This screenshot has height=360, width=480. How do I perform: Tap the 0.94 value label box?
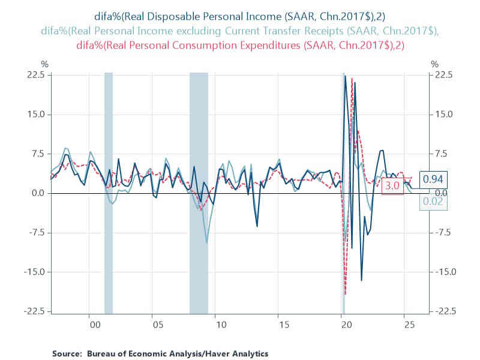click(x=433, y=179)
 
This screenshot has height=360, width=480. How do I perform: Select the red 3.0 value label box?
click(x=392, y=186)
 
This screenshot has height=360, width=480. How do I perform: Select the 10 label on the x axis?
click(x=220, y=325)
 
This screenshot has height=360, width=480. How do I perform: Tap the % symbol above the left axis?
click(x=44, y=64)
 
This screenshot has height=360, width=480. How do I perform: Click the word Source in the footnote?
click(x=67, y=353)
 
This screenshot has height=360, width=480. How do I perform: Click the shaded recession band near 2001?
click(x=109, y=192)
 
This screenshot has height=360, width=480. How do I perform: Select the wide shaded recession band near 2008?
click(x=199, y=192)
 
